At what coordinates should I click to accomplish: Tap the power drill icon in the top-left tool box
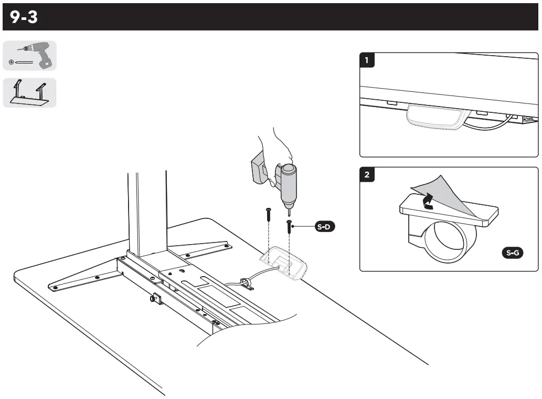30,56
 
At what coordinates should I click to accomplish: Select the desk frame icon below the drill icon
29,93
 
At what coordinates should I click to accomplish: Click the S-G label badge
512,254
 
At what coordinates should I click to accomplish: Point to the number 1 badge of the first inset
367,60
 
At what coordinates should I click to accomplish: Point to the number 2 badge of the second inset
367,175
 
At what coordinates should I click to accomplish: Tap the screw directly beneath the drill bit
289,229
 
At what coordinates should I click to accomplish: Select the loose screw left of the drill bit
268,214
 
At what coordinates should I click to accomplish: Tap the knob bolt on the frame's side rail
155,300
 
